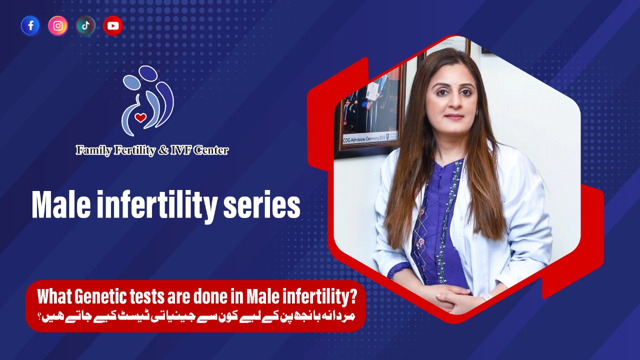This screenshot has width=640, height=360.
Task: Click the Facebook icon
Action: click(30, 25)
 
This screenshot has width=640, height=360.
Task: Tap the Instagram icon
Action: click(58, 25)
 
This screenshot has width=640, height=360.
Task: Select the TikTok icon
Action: click(85, 25)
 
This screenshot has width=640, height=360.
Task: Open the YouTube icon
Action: click(113, 25)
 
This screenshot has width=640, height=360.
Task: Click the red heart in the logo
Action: click(140, 117)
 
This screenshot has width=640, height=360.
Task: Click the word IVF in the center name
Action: click(180, 150)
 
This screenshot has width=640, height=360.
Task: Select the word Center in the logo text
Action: click(211, 150)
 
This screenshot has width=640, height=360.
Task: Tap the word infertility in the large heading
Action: click(157, 206)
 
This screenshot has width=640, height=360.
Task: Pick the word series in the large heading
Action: click(261, 206)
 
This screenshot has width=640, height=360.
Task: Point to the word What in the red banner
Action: click(54, 297)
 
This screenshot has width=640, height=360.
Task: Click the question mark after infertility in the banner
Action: click(353, 297)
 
